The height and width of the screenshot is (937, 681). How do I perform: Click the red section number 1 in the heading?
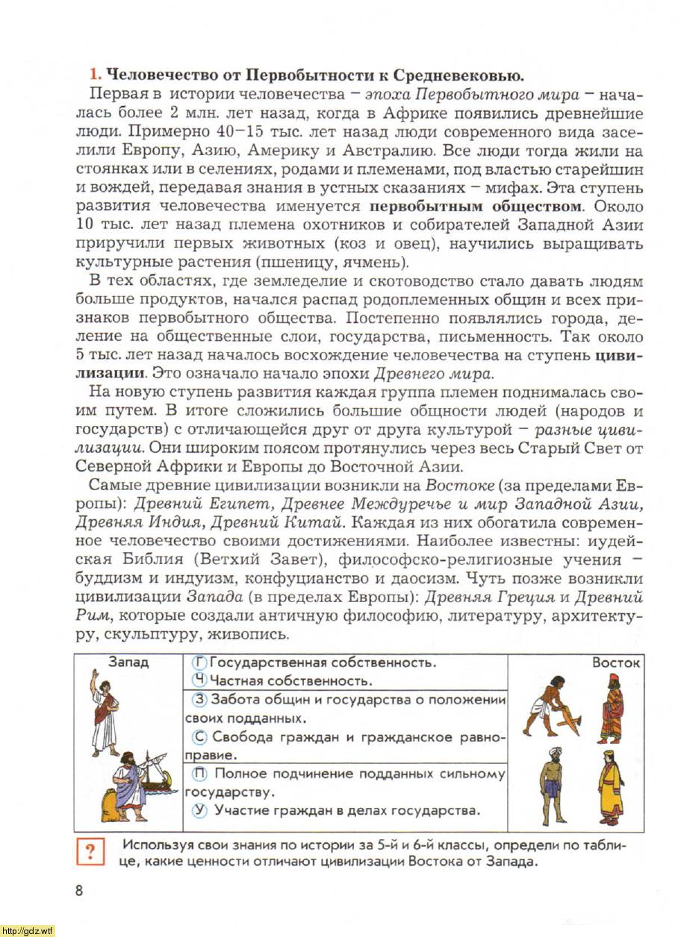coord(93,75)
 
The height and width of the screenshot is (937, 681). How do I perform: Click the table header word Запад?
coord(128,662)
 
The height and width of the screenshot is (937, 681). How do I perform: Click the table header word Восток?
coord(617,662)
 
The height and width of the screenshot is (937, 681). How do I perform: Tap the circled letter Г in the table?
coord(199,662)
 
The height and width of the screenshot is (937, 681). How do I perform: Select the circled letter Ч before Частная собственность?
coord(199,680)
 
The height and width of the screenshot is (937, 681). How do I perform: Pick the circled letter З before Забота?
coord(199,700)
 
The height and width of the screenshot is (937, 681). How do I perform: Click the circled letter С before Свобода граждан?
coord(199,737)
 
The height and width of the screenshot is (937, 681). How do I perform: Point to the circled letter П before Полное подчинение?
coord(199,774)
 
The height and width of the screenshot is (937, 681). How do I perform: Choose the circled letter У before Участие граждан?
coord(199,810)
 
